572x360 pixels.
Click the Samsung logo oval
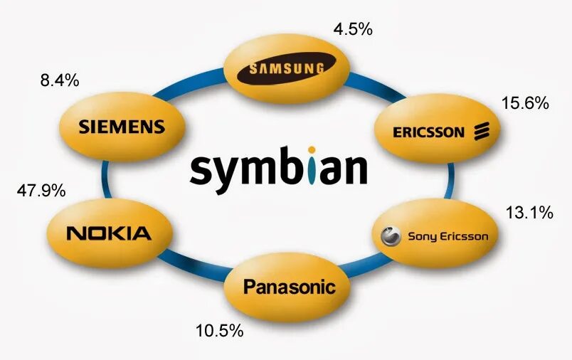(x=285, y=69)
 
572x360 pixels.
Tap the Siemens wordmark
(x=121, y=127)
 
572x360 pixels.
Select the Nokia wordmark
(x=108, y=233)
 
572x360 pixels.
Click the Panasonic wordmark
(x=289, y=287)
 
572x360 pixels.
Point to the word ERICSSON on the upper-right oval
(x=428, y=132)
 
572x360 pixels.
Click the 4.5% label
(x=353, y=30)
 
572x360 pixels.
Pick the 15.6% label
(x=525, y=103)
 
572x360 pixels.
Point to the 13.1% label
(x=529, y=212)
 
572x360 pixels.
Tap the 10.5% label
(x=220, y=331)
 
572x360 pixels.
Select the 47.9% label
(x=41, y=191)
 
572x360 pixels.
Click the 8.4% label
(x=59, y=80)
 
